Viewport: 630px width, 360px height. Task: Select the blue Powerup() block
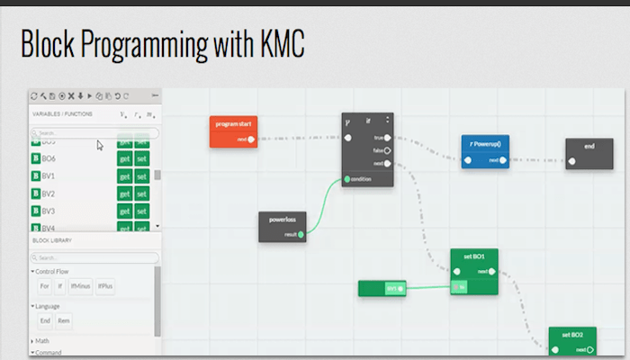[x=485, y=145]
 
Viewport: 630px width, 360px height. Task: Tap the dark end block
[x=589, y=147]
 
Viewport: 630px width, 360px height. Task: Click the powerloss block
[x=283, y=220]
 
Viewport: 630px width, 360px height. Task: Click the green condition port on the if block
[x=347, y=179]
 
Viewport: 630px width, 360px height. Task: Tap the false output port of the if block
[x=388, y=150]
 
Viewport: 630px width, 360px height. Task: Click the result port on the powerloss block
[x=301, y=234]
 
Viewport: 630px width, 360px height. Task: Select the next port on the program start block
[x=251, y=139]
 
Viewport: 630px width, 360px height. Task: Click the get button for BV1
[x=125, y=176]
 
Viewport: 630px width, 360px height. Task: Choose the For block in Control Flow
[x=44, y=287]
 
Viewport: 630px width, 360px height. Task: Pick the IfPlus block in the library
[x=105, y=287]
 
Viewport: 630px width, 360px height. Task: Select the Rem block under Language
[x=64, y=320]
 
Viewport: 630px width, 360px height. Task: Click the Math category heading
[x=42, y=341]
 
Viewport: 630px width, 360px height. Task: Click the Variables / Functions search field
[x=94, y=133]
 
